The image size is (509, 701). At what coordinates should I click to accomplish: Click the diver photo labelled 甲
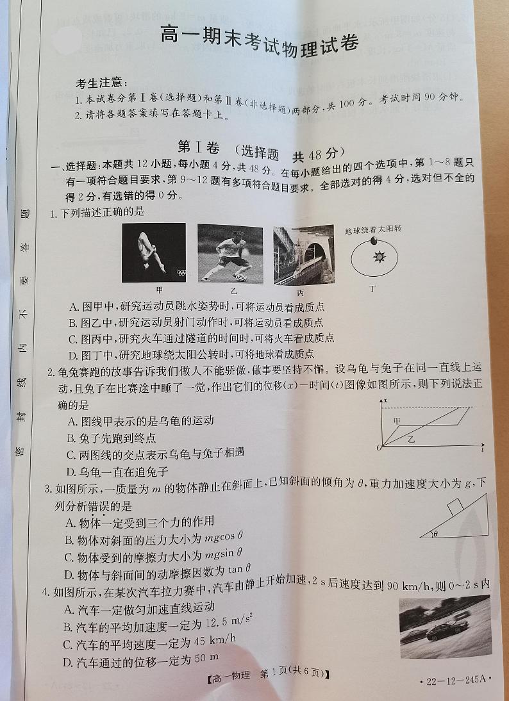154,252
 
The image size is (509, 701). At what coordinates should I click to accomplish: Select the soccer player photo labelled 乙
229,253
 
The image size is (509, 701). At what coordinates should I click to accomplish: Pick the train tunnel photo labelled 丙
303,254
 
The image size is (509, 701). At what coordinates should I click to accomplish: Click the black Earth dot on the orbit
373,241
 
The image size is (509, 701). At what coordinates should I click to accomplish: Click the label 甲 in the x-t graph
397,420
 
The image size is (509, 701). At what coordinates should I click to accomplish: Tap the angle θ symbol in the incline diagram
435,533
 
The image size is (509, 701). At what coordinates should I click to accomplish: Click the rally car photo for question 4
444,622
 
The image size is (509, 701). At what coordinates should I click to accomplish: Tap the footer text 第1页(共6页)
292,673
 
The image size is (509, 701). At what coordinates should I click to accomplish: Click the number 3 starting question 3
47,490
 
